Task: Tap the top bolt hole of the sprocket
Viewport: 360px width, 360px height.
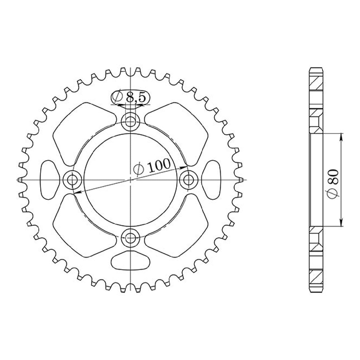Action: coord(130,122)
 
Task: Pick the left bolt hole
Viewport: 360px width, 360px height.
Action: coord(72,180)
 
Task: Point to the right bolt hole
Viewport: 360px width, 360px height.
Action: coord(188,180)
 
